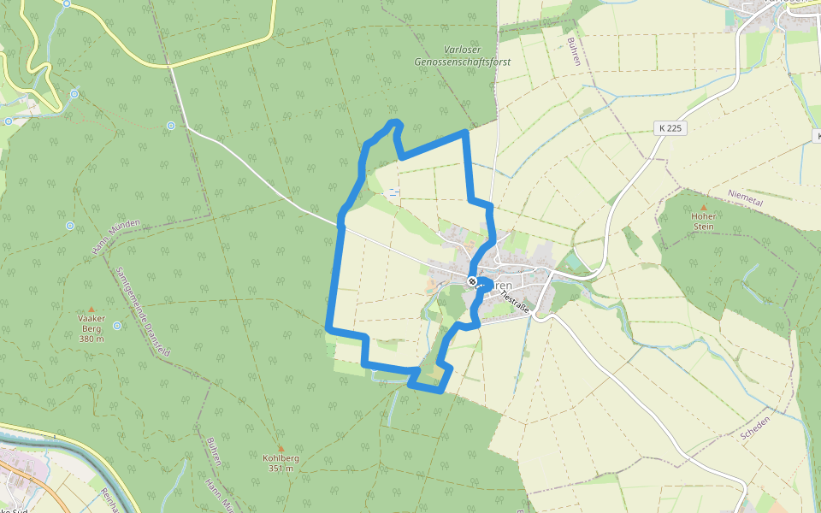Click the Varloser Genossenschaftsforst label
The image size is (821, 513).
coord(452,56)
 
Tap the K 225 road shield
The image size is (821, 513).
coord(671,128)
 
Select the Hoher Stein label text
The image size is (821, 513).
coord(704,221)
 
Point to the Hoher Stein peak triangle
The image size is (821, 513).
coord(704,207)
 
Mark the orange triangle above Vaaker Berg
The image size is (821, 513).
coord(92,309)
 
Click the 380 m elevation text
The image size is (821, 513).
coord(92,339)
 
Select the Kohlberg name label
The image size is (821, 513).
coord(281,458)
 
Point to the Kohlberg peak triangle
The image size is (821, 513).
coord(281,446)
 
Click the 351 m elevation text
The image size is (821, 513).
coord(281,469)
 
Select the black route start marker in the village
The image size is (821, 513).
coord(471,281)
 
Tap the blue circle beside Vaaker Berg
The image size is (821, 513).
coord(117,326)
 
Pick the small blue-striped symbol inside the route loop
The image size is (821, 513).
coord(393,192)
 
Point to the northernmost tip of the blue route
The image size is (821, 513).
coord(395,122)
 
